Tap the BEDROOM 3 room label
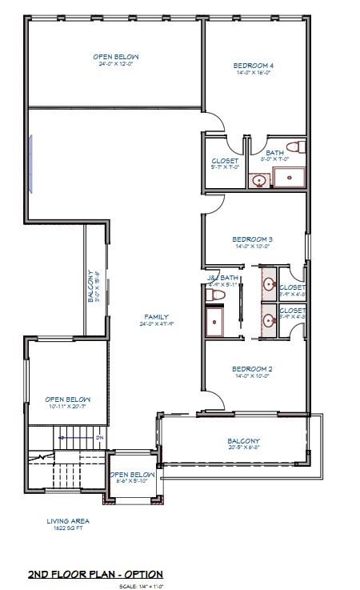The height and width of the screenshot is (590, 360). (253, 239)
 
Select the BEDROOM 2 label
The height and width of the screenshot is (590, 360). (253, 368)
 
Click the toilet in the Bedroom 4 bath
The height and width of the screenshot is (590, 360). (294, 147)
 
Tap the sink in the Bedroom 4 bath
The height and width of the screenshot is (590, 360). (259, 180)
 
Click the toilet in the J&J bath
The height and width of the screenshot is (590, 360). (214, 295)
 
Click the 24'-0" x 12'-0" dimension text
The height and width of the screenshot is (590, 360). (118, 65)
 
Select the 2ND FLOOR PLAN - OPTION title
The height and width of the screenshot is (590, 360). (95, 574)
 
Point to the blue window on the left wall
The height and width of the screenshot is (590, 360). (30, 163)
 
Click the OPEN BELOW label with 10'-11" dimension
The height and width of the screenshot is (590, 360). (67, 399)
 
